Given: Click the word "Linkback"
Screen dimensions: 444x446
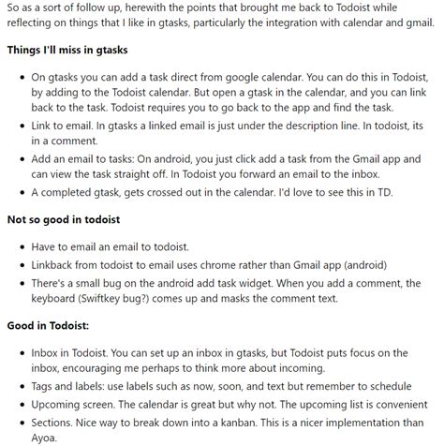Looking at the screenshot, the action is pyautogui.click(x=59, y=266).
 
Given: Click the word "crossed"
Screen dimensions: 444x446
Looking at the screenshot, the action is pyautogui.click(x=170, y=192).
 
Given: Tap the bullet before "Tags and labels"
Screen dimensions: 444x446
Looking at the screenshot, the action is pyautogui.click(x=22, y=386).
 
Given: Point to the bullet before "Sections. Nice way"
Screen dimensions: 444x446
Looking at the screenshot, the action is pyautogui.click(x=22, y=422).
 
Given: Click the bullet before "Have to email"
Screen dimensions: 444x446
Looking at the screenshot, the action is pyautogui.click(x=22, y=247).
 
